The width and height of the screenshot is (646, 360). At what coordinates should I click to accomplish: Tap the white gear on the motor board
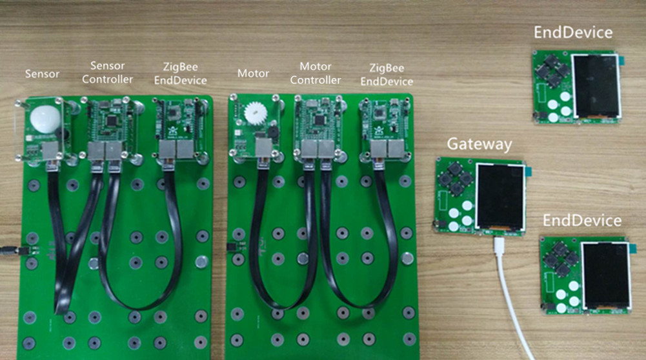(254, 113)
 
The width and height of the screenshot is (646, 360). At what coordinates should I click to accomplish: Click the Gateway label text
(479, 144)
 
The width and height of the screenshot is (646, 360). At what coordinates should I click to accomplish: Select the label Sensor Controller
(107, 72)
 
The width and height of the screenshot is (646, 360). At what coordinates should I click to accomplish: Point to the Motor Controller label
(315, 73)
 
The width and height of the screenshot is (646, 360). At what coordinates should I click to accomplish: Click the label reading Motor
(253, 74)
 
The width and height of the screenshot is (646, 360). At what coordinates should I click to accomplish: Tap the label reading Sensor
(42, 74)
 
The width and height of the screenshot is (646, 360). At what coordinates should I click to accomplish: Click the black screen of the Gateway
(500, 197)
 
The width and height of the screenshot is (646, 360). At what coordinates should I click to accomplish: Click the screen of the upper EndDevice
(596, 86)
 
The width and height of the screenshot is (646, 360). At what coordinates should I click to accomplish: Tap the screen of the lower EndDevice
(607, 275)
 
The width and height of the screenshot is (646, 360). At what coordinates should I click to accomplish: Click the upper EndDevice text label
(573, 32)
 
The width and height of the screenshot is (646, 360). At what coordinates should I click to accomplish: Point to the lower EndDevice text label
(581, 221)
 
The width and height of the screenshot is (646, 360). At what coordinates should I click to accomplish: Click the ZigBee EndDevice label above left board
(181, 74)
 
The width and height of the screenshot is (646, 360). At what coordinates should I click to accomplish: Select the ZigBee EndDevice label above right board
(387, 75)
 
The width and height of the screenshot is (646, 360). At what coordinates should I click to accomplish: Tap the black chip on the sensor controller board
(111, 120)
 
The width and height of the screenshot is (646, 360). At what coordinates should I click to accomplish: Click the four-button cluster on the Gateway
(456, 178)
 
